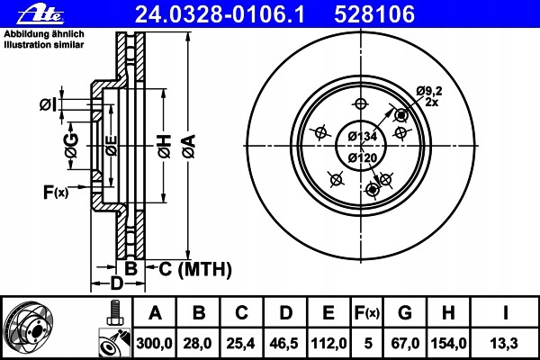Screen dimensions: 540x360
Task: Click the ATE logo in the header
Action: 40,15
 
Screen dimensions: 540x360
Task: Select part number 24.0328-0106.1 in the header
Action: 220,14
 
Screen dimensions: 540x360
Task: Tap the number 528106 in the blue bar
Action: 374,14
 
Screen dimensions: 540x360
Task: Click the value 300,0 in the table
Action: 154,343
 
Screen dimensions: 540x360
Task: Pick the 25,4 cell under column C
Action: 240,343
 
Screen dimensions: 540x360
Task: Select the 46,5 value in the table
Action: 284,343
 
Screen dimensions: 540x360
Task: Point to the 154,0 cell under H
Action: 448,343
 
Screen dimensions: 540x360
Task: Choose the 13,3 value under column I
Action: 504,343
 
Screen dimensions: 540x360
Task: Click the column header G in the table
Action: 405,313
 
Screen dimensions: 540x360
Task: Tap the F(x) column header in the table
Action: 367,313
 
